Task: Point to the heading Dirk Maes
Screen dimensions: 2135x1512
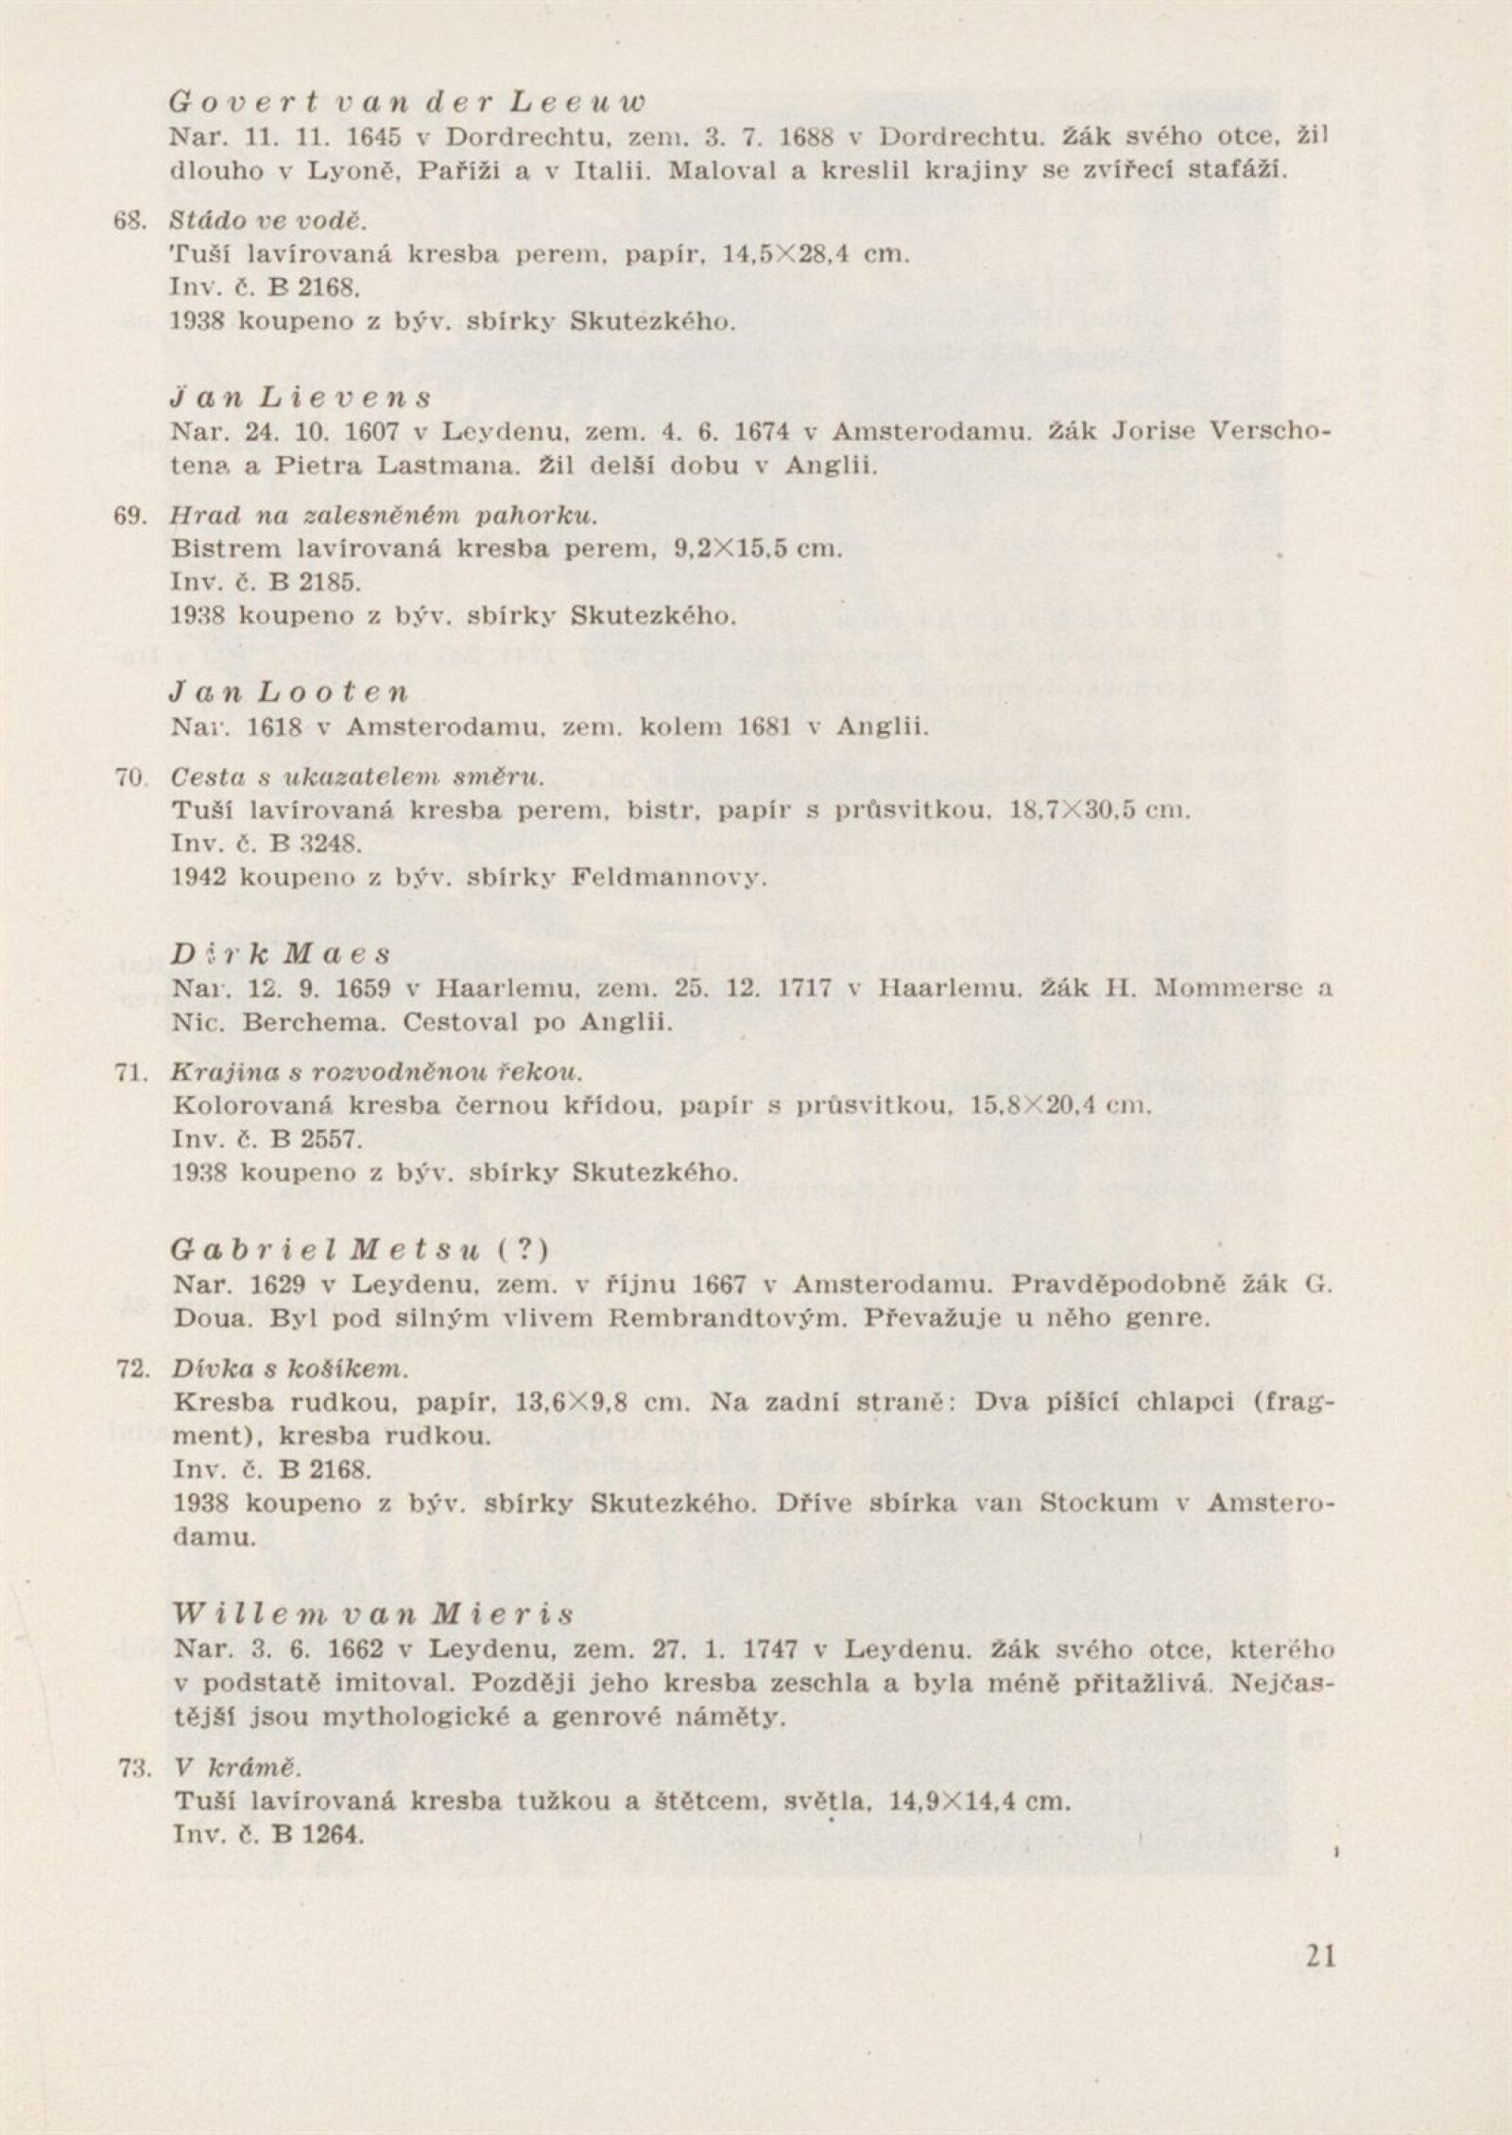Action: (x=282, y=955)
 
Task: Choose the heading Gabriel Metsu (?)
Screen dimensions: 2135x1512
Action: (x=360, y=1250)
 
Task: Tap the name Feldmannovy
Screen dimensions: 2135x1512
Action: (x=668, y=877)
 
